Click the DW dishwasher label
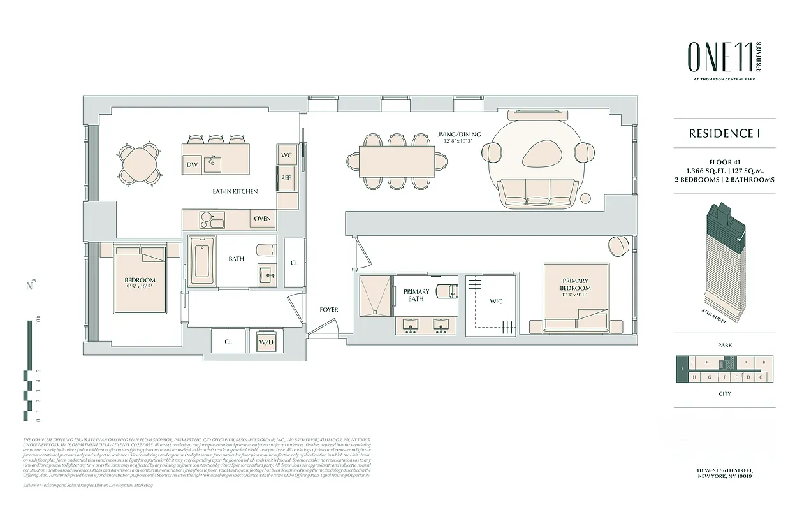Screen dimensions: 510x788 (192, 164)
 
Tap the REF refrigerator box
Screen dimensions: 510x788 (286, 178)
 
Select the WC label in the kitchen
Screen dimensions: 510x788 (286, 155)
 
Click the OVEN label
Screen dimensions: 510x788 (262, 219)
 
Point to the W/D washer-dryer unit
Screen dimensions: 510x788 (266, 342)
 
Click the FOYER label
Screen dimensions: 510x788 (329, 310)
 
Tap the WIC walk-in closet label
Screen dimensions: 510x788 (496, 301)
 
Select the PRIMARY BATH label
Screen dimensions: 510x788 (417, 295)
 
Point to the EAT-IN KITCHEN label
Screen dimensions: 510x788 (235, 191)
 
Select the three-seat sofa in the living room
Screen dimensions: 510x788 (534, 193)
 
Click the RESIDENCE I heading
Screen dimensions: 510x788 (724, 134)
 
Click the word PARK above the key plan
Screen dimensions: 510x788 (724, 345)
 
